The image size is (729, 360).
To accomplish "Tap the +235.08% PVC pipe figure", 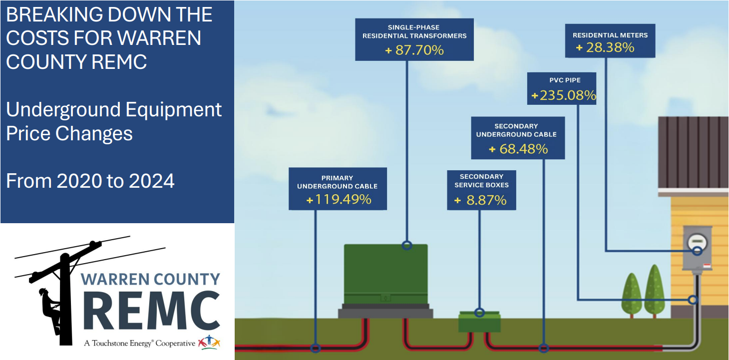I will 564,95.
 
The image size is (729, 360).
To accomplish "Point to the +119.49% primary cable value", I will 339,200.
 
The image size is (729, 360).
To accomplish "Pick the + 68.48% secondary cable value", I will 518,149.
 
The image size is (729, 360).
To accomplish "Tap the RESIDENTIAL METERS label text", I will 610,35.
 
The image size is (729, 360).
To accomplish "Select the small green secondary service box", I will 479,322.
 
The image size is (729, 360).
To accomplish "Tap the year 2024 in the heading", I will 152,181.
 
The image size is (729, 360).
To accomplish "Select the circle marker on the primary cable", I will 315,348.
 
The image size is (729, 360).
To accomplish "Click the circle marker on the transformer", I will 407,245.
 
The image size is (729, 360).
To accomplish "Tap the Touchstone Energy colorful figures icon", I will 209,343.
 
